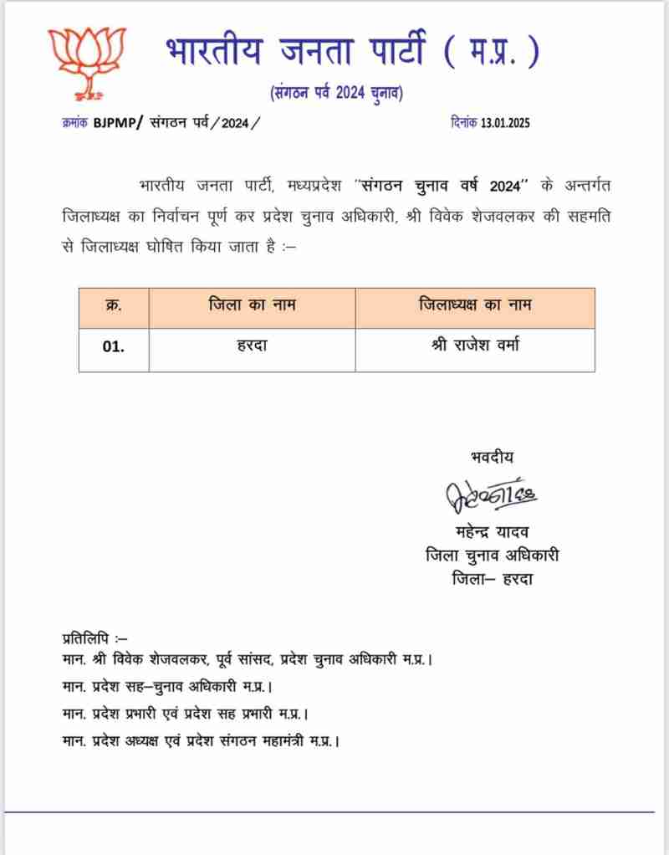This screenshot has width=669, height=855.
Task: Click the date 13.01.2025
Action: (504, 123)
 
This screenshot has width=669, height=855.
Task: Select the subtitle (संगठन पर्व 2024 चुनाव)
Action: (335, 93)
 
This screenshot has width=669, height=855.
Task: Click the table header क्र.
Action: (114, 306)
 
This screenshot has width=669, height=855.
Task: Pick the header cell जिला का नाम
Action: (252, 306)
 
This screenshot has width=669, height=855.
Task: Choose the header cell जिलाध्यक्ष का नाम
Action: (474, 306)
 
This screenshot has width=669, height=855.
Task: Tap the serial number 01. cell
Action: (114, 348)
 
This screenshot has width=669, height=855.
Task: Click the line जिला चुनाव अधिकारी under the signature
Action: (492, 555)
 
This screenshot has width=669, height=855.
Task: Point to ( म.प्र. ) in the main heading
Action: (490, 53)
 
